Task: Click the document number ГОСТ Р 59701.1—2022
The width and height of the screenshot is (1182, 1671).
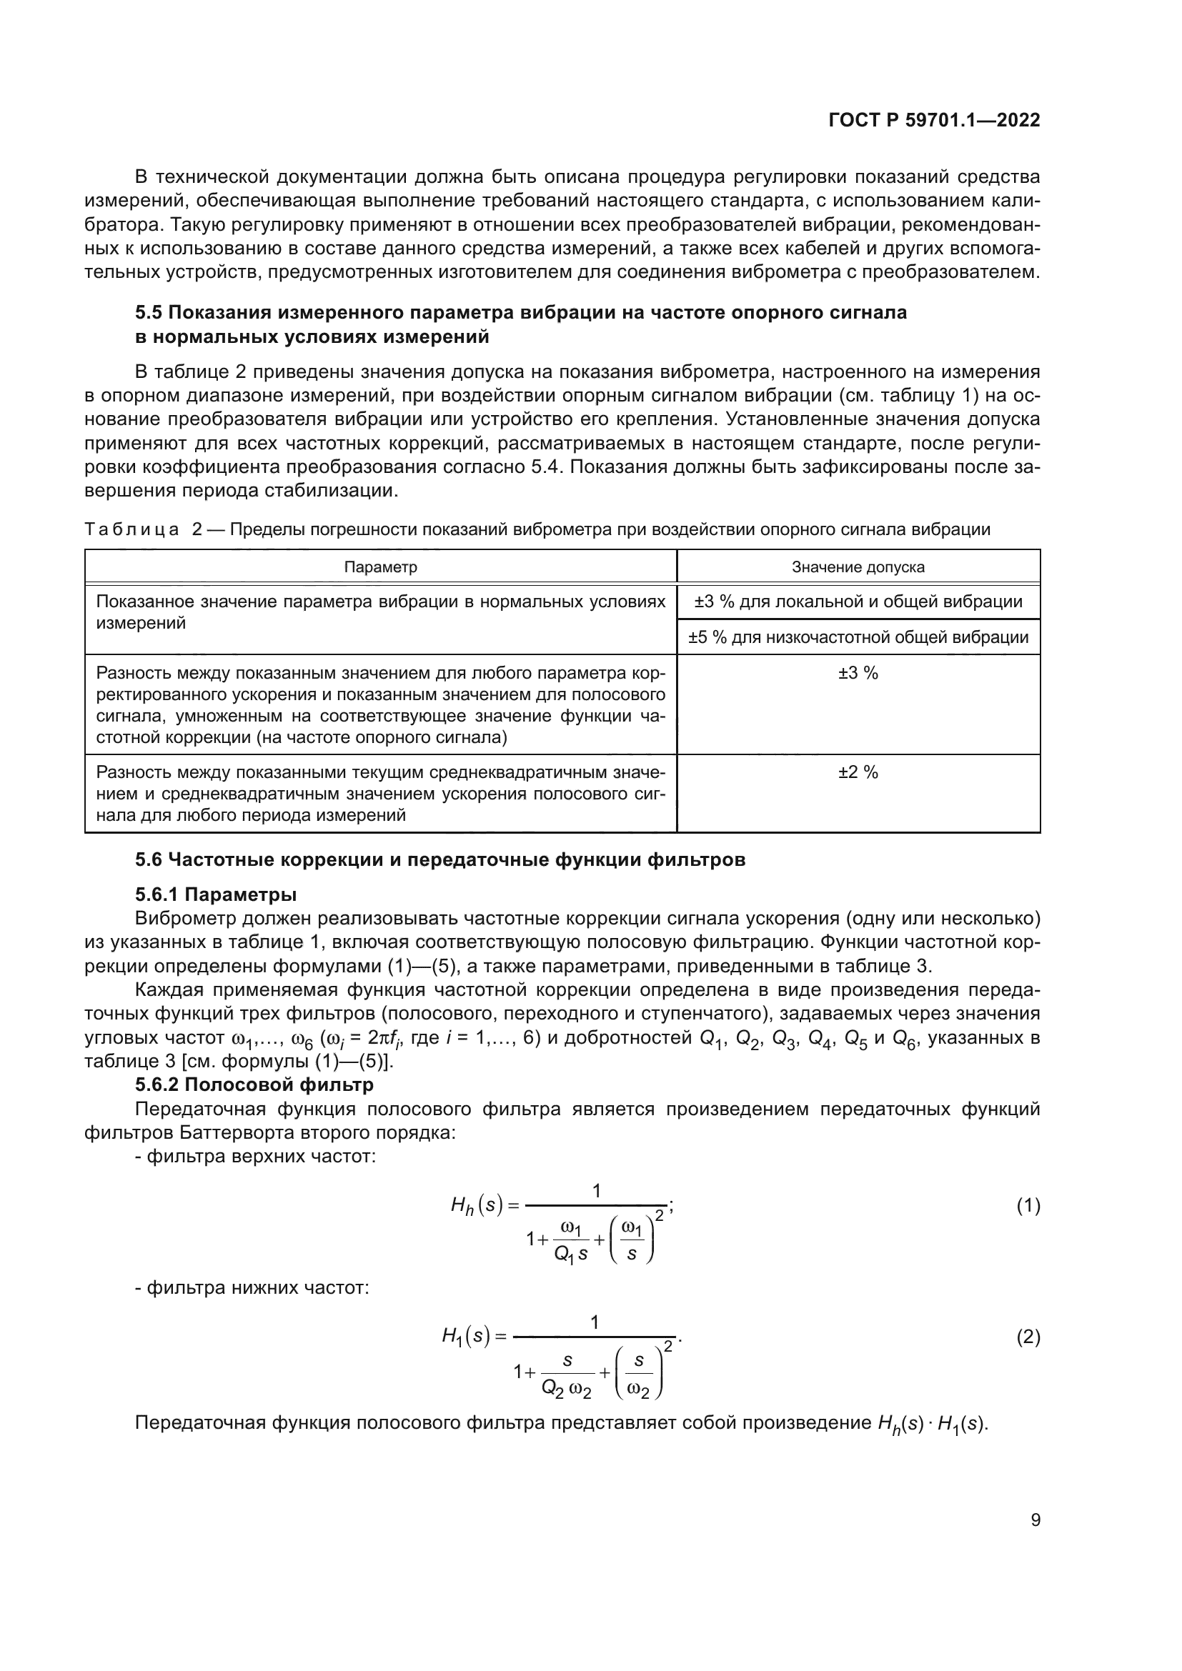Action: [x=934, y=121]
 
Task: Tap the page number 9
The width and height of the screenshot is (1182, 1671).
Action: [x=1035, y=1520]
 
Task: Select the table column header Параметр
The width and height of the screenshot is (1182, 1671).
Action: [x=381, y=567]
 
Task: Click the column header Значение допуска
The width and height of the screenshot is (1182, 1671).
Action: [x=858, y=567]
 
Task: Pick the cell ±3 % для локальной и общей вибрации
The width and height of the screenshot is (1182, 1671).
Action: [x=858, y=602]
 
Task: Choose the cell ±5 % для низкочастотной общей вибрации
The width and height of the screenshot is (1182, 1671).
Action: [x=858, y=637]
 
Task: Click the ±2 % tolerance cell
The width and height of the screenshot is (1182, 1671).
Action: [x=858, y=772]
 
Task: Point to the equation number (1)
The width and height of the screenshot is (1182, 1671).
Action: [x=1028, y=1206]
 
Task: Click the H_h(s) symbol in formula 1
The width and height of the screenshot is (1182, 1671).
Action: [x=477, y=1206]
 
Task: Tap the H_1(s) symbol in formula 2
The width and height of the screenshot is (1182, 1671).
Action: [x=467, y=1336]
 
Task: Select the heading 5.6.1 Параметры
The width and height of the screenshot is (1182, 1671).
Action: [x=215, y=894]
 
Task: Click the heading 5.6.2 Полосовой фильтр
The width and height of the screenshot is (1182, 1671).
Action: [x=254, y=1084]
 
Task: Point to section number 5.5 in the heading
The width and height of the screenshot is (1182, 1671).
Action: [x=149, y=313]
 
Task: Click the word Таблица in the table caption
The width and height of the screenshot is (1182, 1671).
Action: [x=131, y=530]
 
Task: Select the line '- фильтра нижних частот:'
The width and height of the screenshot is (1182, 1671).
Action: [x=252, y=1288]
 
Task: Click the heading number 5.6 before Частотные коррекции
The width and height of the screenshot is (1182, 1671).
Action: [x=149, y=859]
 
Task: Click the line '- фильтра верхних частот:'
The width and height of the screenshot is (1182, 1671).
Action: [x=255, y=1157]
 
